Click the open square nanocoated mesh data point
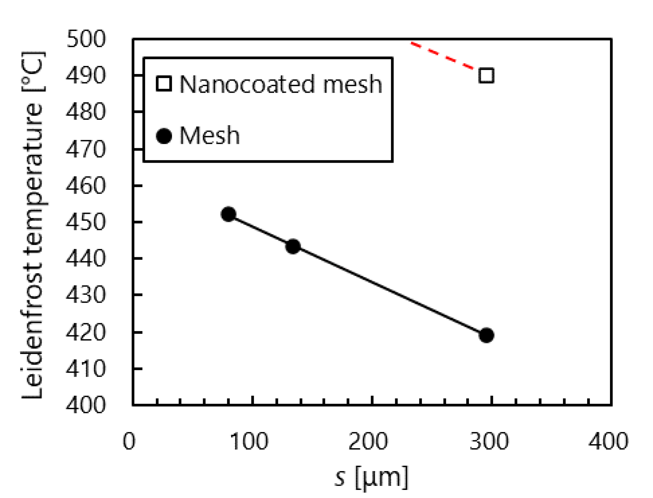tap(486, 76)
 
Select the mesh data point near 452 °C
tap(229, 214)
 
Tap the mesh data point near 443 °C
tap(293, 247)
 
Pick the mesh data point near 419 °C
tap(486, 335)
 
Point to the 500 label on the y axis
tap(86, 39)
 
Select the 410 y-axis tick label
tap(86, 369)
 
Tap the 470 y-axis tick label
tap(86, 149)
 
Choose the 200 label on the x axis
tap(368, 441)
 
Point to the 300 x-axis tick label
tap(489, 441)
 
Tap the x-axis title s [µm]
tap(371, 477)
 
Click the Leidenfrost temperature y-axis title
tap(33, 225)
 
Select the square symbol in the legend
tap(164, 84)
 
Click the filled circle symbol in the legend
tap(164, 136)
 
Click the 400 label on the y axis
tap(86, 405)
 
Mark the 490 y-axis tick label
tap(86, 76)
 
